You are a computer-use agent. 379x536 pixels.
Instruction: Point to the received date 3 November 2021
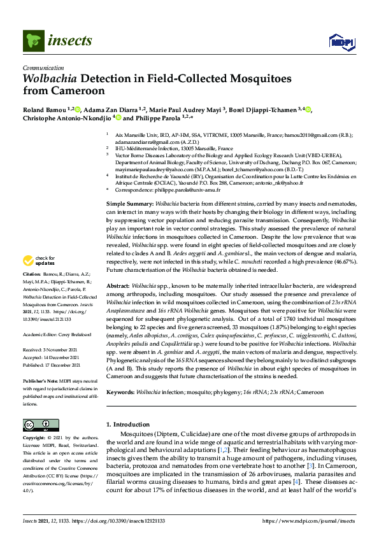pyautogui.click(x=63, y=349)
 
